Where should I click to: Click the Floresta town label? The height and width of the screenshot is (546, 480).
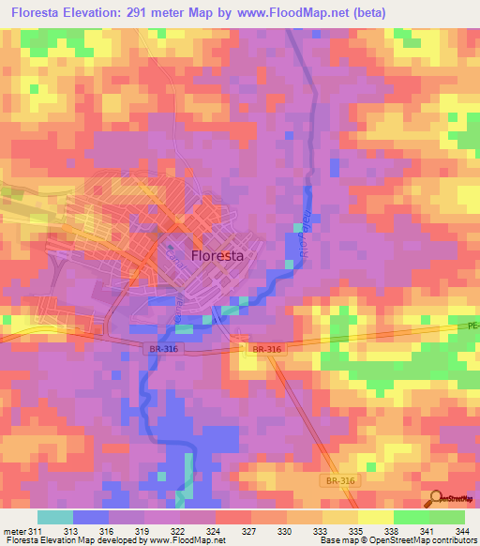(217, 254)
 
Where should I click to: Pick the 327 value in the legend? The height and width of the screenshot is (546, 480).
(249, 533)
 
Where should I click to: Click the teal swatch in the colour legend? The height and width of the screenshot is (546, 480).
(55, 517)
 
